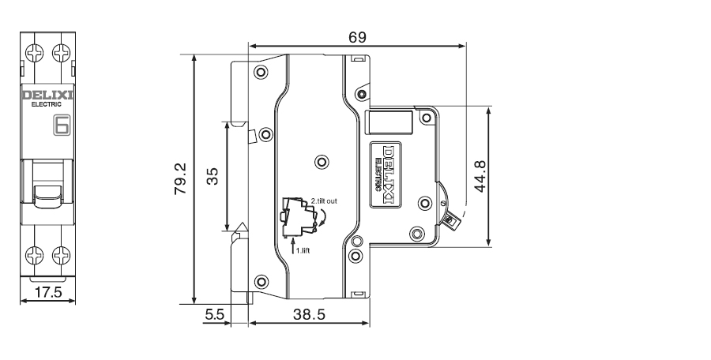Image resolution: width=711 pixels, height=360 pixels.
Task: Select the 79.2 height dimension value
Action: pos(182,179)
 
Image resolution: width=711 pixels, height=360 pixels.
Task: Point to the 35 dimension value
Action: pos(213,176)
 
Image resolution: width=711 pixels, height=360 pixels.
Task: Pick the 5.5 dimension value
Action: pos(214,313)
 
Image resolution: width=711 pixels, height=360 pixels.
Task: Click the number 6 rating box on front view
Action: pos(60,124)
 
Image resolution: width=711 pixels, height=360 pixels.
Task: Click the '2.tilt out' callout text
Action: pos(324,201)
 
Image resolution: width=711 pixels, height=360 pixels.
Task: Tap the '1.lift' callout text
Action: pos(303,249)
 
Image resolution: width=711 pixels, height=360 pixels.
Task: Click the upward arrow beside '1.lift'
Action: pos(292,242)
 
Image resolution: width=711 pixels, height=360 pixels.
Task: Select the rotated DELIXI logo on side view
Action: pos(390,175)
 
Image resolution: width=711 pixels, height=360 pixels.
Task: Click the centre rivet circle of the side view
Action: pos(320,162)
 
